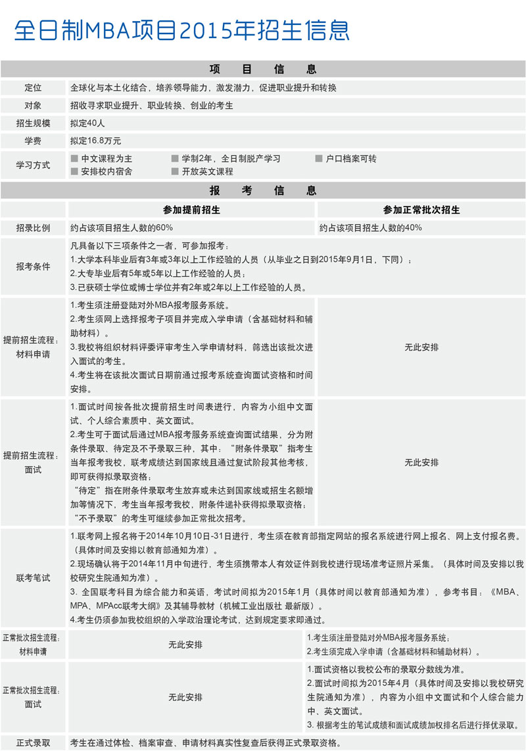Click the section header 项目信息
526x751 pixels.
coord(263,69)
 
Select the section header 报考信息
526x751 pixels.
coord(263,191)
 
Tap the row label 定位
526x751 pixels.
coord(33,88)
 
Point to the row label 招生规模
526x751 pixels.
coord(33,123)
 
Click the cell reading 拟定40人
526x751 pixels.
coord(87,123)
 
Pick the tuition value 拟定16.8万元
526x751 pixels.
coord(96,141)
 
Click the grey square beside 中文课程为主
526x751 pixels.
coord(74,159)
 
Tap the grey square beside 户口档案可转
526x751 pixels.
coord(319,159)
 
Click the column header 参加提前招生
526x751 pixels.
coord(191,210)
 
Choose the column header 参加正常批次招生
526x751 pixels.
coord(421,210)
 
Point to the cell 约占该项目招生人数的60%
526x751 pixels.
coord(122,228)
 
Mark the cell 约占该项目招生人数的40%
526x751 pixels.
coord(371,228)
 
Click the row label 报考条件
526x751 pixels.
coord(33,267)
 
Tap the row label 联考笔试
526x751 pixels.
coord(33,578)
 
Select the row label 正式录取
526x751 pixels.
coord(33,743)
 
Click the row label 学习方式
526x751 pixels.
coord(33,165)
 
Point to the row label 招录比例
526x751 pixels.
coord(33,228)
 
